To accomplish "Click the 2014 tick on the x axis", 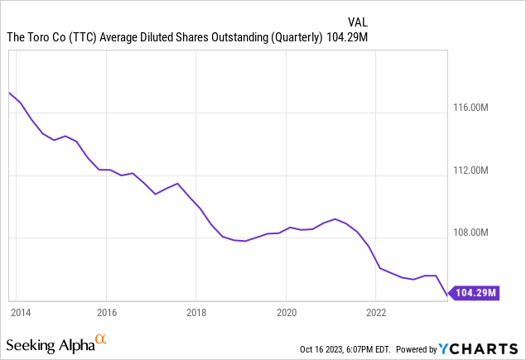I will click(21, 313).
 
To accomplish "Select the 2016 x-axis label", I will click(106, 313).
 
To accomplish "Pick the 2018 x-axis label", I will click(195, 313).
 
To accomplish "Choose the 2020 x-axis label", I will click(286, 313).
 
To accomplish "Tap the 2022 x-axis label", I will click(376, 313).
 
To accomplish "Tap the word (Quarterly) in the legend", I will click(294, 37).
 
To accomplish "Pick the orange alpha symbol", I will click(100, 339).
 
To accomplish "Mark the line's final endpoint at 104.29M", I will click(448, 293).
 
